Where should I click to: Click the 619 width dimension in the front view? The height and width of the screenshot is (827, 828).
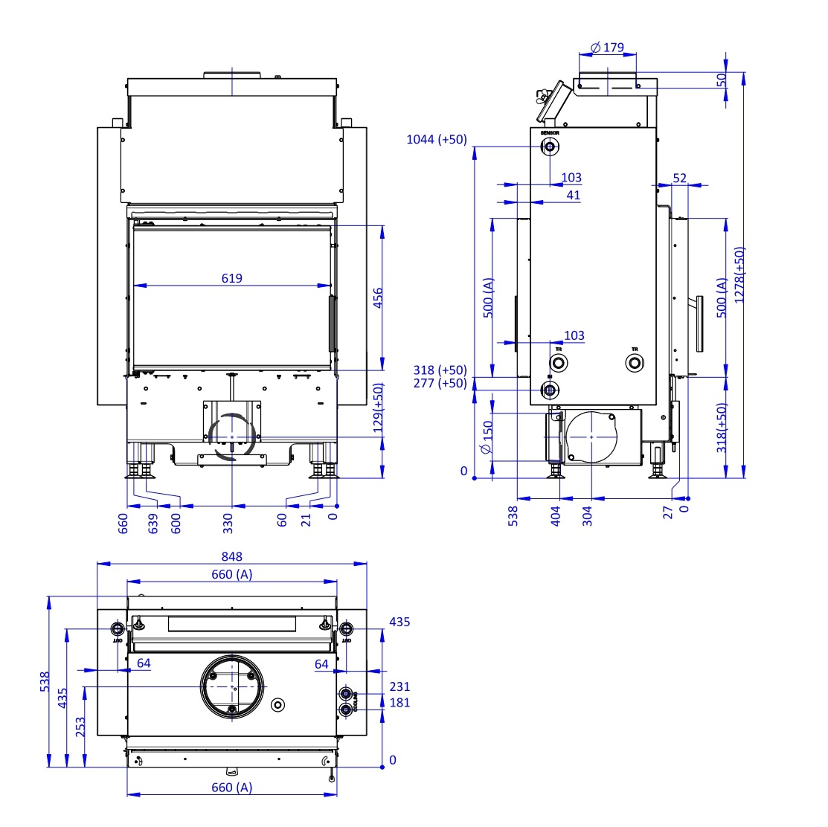click(x=232, y=279)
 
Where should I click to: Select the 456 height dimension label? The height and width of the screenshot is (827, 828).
click(x=378, y=299)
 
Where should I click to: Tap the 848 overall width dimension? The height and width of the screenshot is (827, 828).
click(x=232, y=556)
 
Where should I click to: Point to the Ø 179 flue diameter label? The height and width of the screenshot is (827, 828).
click(x=607, y=48)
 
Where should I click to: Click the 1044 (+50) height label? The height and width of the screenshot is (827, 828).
click(x=437, y=139)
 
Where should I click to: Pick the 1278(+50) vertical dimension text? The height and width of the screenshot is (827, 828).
click(x=739, y=275)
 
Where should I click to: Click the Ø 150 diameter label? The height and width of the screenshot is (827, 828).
click(x=487, y=437)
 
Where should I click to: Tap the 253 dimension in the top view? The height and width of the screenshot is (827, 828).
click(x=80, y=726)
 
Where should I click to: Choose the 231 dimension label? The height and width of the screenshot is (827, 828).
click(x=399, y=687)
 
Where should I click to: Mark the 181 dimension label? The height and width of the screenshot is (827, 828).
click(x=399, y=703)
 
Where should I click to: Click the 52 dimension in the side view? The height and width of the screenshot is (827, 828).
click(x=679, y=178)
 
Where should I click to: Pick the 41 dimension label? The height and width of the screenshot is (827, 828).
click(x=573, y=196)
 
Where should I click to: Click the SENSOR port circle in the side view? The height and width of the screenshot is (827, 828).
click(x=550, y=146)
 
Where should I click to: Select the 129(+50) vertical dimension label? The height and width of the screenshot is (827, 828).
click(x=378, y=409)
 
